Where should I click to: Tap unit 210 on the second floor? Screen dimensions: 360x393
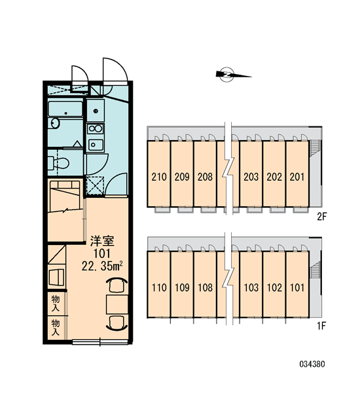click(x=159, y=177)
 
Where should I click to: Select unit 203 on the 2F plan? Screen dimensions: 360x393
click(x=251, y=177)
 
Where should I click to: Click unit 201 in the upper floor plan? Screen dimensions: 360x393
click(x=297, y=177)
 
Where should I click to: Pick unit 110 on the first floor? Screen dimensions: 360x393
click(x=159, y=288)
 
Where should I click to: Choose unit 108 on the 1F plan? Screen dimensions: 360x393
click(x=205, y=288)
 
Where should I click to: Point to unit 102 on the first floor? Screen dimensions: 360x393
click(x=274, y=288)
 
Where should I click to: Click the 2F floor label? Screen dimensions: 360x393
click(x=322, y=217)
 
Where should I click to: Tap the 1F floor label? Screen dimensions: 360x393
click(x=321, y=326)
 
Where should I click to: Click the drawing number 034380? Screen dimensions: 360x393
click(x=312, y=364)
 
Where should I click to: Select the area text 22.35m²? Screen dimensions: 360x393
click(x=102, y=266)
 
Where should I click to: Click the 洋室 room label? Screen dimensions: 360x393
click(x=102, y=241)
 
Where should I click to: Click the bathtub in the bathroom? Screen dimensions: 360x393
click(x=65, y=109)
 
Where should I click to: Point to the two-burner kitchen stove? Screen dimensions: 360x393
click(x=95, y=129)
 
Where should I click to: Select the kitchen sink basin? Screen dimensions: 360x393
click(x=96, y=145)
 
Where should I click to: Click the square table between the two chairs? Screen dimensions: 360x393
click(x=117, y=305)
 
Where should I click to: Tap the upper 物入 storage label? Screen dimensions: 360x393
click(x=56, y=303)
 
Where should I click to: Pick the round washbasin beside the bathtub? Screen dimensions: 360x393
click(x=55, y=123)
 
